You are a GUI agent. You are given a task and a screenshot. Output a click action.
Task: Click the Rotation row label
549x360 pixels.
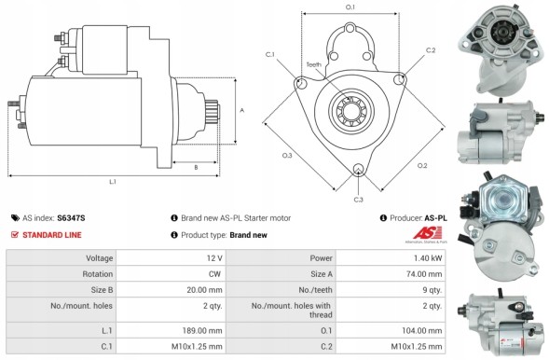(x=100, y=275)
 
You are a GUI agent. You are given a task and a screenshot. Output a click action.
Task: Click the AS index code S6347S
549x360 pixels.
(x=71, y=217)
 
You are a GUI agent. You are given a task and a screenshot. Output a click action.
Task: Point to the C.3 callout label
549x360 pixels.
(x=358, y=199)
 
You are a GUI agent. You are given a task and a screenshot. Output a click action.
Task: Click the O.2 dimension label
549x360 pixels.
(x=422, y=165)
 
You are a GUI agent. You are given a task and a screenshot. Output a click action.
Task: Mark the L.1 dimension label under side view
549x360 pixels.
(x=112, y=182)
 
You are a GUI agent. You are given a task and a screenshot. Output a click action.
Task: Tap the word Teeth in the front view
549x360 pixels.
(x=312, y=65)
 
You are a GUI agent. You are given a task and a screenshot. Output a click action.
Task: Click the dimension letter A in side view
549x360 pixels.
(x=242, y=110)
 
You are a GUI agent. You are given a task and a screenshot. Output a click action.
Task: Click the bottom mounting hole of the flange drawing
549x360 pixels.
(x=358, y=171)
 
